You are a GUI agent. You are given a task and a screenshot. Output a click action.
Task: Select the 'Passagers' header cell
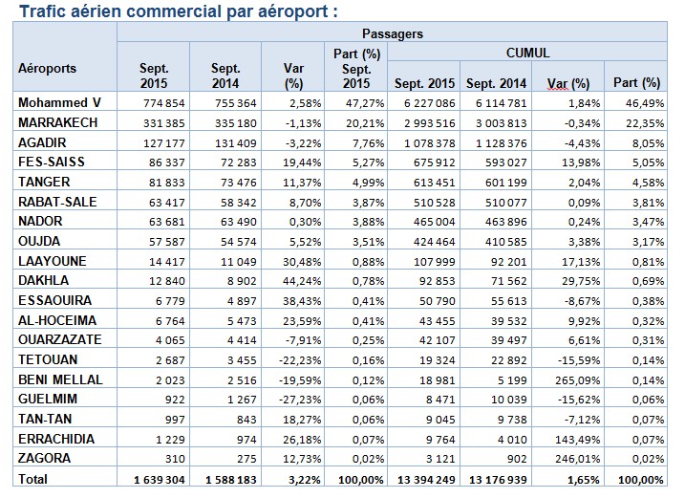pos(392,33)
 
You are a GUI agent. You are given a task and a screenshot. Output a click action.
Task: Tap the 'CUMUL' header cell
pos(527,53)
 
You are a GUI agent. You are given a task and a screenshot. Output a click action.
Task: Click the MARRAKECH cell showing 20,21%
pos(356,121)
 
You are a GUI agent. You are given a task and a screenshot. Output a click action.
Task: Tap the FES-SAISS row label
pos(53,162)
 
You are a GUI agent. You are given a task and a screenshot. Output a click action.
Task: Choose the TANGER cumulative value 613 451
pos(423,182)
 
